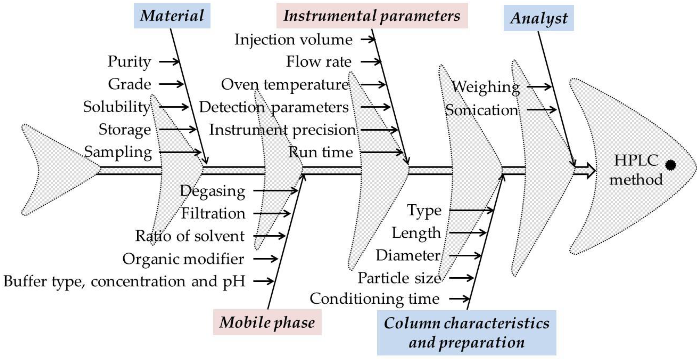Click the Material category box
172,16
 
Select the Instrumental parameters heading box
372,16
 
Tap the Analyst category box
539,18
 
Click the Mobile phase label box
267,322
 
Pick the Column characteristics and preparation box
466,333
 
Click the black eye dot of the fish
670,165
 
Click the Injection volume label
293,40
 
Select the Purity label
129,62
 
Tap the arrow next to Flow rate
371,62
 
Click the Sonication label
482,110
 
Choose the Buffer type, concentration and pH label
124,281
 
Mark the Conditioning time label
375,299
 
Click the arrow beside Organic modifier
265,258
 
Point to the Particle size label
399,278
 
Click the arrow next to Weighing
539,87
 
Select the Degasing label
213,191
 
